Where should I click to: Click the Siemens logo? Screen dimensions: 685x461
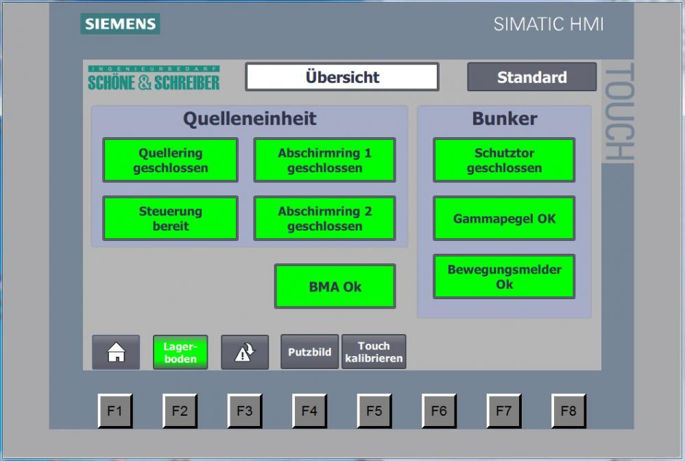click(x=120, y=23)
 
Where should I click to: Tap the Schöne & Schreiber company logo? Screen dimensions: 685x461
click(x=154, y=78)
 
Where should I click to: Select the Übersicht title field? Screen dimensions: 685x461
click(x=342, y=77)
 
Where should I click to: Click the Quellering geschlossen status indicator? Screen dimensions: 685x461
click(x=170, y=160)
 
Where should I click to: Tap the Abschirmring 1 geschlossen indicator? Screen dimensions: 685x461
click(x=324, y=160)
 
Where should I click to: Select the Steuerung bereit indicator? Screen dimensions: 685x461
click(x=170, y=218)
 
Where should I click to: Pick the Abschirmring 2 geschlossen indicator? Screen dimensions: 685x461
click(x=324, y=218)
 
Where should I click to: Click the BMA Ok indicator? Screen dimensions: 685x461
click(x=335, y=286)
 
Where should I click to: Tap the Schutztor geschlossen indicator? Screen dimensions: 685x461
click(x=504, y=160)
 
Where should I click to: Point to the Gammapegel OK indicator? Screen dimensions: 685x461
click(x=504, y=218)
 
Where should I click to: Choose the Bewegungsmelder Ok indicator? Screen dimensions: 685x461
click(x=504, y=276)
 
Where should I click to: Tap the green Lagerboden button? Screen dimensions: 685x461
click(x=180, y=352)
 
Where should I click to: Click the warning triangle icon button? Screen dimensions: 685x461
click(x=245, y=352)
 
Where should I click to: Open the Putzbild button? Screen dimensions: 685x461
click(x=309, y=352)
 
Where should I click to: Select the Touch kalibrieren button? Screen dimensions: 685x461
click(x=374, y=352)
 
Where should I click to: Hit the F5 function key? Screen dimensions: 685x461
click(x=374, y=411)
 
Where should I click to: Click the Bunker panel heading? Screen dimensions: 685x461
click(x=505, y=119)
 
